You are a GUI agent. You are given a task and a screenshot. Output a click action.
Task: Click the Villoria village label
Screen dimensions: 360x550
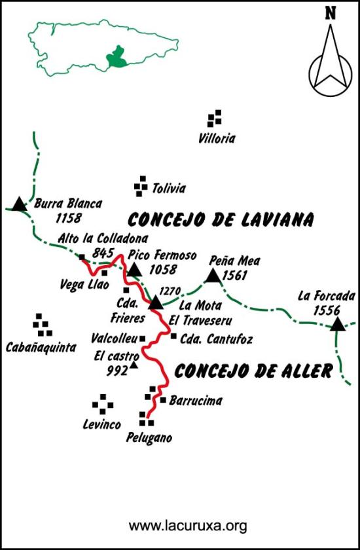pos(217,139)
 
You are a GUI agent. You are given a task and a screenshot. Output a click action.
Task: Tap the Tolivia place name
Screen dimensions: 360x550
pos(168,189)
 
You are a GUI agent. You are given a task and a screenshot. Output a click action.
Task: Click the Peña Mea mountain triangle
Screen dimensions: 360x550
pos(213,276)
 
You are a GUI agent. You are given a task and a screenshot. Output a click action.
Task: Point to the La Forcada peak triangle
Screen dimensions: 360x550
pos(337,323)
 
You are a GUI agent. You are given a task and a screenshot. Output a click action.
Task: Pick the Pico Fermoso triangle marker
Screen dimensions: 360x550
pos(134,270)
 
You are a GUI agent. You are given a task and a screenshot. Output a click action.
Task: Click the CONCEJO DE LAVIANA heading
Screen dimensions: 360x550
pos(221,219)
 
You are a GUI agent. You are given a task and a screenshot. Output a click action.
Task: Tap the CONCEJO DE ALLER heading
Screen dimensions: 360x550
pos(254,371)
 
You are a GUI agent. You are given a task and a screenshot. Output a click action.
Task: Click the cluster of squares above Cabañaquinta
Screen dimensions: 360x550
pos(41,322)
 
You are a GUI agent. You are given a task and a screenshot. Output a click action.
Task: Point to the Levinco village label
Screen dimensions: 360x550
pos(102,425)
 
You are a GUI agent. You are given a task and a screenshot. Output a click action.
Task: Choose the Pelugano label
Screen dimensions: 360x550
pos(149,438)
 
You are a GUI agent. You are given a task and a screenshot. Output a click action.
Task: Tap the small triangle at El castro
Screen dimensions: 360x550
pos(134,365)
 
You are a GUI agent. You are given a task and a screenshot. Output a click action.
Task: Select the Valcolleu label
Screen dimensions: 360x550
pos(115,339)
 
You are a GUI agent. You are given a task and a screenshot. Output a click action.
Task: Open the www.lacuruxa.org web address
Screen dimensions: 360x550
pos(187,525)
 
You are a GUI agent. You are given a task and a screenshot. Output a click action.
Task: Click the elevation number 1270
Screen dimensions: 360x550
pos(170,290)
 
